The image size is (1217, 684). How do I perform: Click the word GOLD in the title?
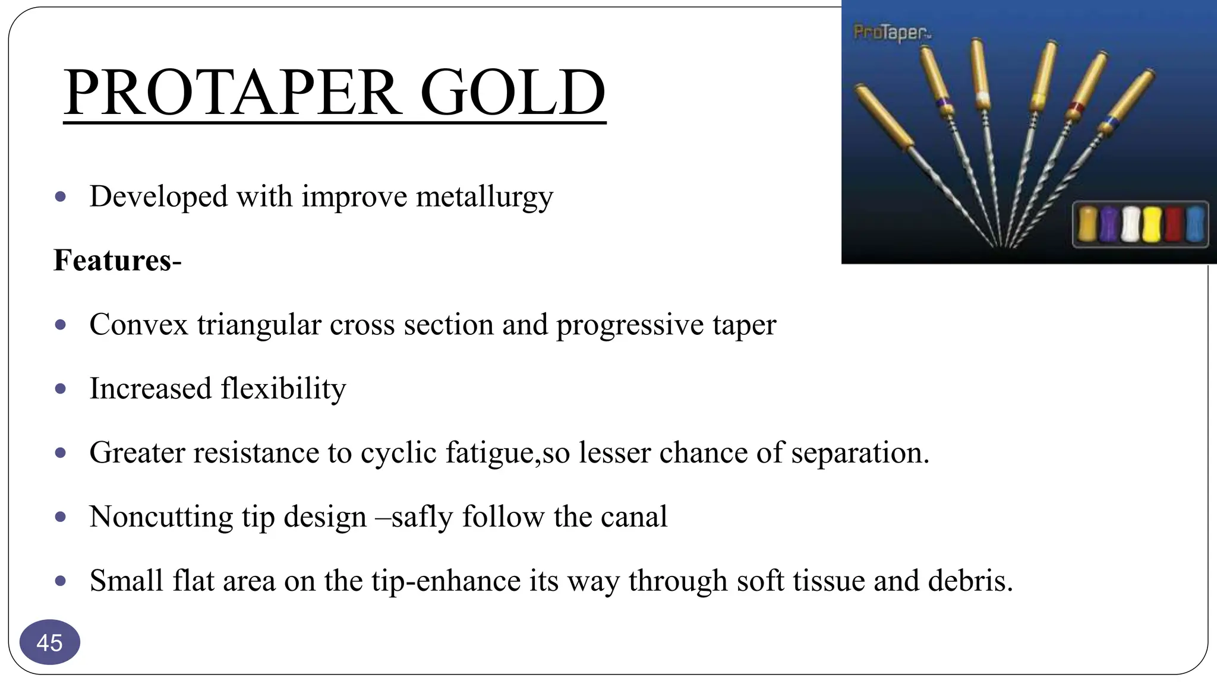[512, 93]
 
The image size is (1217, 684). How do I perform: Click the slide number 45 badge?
[49, 642]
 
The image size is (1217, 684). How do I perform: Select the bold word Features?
[113, 260]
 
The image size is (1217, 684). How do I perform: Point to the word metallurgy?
[484, 197]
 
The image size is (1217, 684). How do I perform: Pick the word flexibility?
[283, 389]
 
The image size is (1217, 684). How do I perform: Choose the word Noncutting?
[161, 517]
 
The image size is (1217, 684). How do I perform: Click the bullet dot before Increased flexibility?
[60, 389]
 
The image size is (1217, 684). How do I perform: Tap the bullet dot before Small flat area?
[60, 581]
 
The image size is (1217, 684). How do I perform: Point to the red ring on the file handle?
[1076, 107]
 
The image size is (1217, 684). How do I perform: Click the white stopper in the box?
[1130, 224]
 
